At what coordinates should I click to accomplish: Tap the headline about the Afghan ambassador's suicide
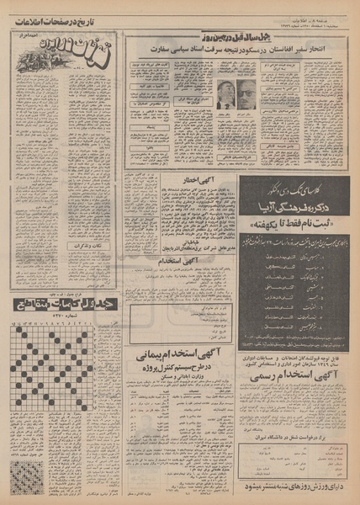(x=241, y=49)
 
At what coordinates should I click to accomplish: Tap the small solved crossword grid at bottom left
(x=26, y=475)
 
